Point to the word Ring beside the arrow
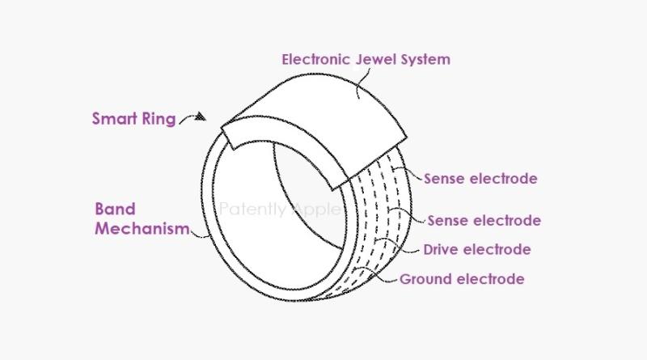(x=159, y=120)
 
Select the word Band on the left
(x=114, y=210)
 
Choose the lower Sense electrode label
(x=484, y=220)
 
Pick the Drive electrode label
(x=477, y=249)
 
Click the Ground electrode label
(x=462, y=280)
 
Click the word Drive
(x=443, y=249)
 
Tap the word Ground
(x=425, y=280)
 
